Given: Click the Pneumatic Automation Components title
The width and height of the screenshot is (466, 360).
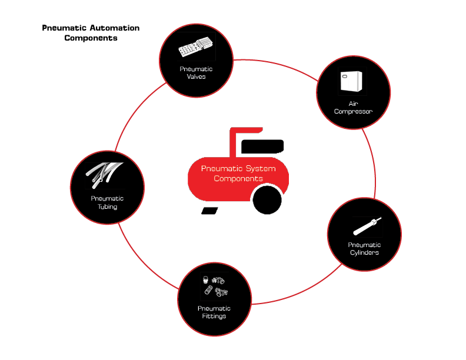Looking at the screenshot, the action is pyautogui.click(x=91, y=33).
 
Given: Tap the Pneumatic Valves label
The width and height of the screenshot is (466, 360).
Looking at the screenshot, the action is pyautogui.click(x=196, y=72).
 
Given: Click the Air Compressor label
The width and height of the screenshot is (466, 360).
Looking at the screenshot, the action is pyautogui.click(x=353, y=106).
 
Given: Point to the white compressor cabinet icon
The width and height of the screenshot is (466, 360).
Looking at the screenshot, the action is pyautogui.click(x=352, y=82).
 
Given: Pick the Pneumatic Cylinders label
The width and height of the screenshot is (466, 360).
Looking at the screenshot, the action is pyautogui.click(x=364, y=248).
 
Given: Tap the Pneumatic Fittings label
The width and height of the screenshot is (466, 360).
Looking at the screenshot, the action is pyautogui.click(x=214, y=312).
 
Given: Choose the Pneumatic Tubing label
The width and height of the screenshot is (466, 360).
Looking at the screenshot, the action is pyautogui.click(x=107, y=202).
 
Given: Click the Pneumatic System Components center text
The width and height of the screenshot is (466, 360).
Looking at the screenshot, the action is pyautogui.click(x=238, y=174).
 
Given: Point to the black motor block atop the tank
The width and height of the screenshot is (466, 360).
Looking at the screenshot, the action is pyautogui.click(x=262, y=146).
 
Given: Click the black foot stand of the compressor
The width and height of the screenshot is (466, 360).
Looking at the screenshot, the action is pyautogui.click(x=210, y=210).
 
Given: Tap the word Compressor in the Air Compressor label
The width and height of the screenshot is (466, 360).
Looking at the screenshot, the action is pyautogui.click(x=353, y=111).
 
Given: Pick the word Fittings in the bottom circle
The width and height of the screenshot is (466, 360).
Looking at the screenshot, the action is pyautogui.click(x=214, y=316).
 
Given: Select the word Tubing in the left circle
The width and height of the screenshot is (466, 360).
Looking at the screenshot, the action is pyautogui.click(x=107, y=206).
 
